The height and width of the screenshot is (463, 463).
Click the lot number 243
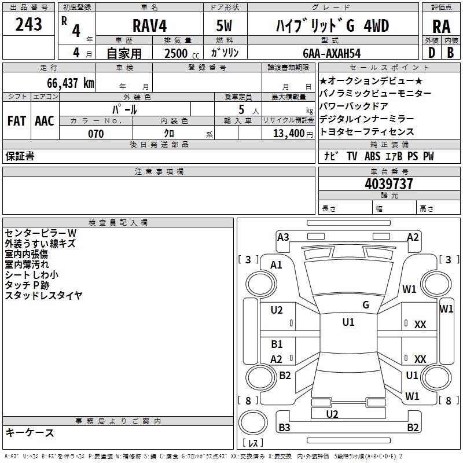tap(29, 25)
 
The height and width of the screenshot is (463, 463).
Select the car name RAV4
tap(149, 26)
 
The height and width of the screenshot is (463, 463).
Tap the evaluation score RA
tap(441, 27)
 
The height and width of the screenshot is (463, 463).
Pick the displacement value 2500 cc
tap(179, 53)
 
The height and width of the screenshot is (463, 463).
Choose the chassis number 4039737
tap(389, 184)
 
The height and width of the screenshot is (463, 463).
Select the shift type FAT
tap(17, 121)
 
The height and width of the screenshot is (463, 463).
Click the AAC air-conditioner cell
tap(45, 121)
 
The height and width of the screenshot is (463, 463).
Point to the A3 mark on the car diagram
tap(283, 237)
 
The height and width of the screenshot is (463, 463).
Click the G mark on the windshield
tap(365, 305)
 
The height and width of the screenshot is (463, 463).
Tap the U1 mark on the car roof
tap(348, 322)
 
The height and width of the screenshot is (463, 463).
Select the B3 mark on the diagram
tap(284, 428)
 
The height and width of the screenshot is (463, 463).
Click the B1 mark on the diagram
tap(277, 344)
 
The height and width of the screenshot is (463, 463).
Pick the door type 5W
tap(224, 26)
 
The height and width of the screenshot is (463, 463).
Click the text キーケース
tap(30, 433)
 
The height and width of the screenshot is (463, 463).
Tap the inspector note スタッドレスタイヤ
tap(43, 296)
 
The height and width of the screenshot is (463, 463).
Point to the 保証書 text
tap(20, 156)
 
